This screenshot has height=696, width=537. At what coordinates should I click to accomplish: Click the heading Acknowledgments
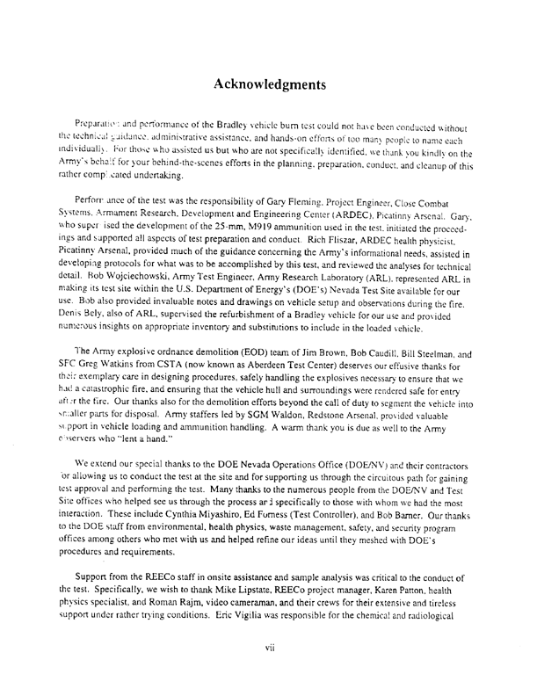tap(268, 85)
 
